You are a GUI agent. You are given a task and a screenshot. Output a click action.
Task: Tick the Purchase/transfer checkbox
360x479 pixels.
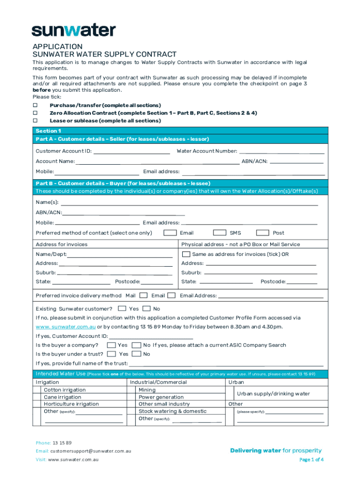click(x=35, y=105)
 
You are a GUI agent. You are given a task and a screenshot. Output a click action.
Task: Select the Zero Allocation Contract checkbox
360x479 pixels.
click(x=35, y=113)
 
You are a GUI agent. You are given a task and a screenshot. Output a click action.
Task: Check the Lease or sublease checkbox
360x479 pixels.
click(x=35, y=121)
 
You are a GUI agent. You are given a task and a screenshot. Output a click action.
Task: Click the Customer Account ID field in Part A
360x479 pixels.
click(x=132, y=151)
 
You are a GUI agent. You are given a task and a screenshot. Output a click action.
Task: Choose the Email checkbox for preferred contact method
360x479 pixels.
click(x=170, y=233)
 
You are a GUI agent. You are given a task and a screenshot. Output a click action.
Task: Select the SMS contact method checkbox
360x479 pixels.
click(x=220, y=233)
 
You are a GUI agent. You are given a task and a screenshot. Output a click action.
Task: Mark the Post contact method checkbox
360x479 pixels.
click(x=263, y=233)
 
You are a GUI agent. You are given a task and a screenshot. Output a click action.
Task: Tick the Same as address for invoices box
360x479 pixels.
click(x=186, y=254)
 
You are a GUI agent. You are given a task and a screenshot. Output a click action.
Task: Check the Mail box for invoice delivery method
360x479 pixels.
click(x=144, y=295)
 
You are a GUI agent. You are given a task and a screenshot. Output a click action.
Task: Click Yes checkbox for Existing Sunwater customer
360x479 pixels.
click(x=122, y=309)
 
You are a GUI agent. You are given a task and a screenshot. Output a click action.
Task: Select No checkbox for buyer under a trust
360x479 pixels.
click(x=137, y=354)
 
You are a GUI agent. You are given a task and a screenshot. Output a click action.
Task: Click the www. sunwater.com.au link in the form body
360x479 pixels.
click(x=65, y=327)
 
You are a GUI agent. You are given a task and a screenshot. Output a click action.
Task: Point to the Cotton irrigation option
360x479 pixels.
click(x=65, y=390)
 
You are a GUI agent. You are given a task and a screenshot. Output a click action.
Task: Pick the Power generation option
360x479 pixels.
click(x=161, y=397)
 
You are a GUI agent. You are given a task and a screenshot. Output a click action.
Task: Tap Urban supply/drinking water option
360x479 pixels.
click(x=273, y=393)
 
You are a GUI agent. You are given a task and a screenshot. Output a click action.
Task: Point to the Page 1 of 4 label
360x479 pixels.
click(x=311, y=459)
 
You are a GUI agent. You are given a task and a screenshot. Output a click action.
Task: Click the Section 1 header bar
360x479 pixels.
click(x=180, y=131)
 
